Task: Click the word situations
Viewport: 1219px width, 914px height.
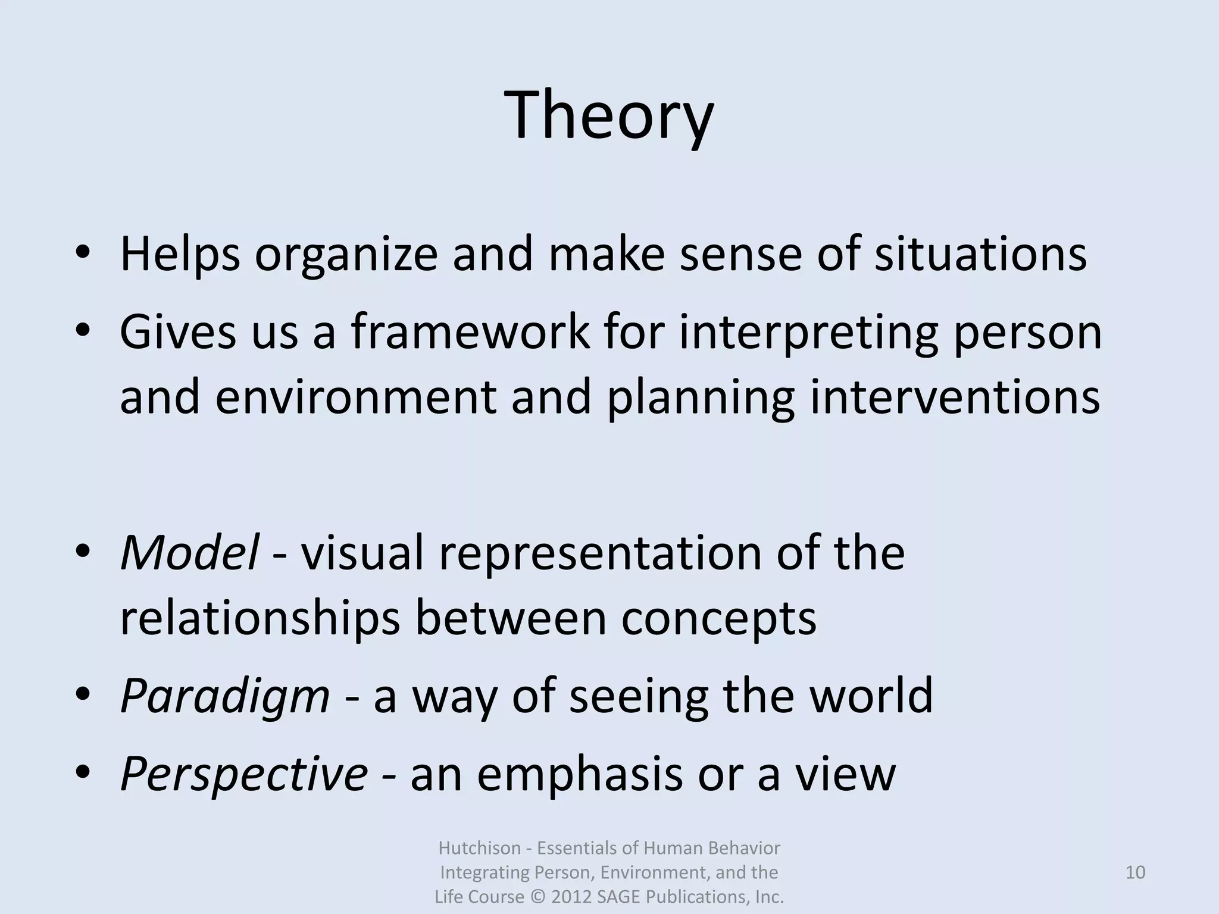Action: [980, 255]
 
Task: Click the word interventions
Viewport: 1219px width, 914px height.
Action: [955, 397]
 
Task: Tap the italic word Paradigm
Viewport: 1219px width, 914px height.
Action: [224, 697]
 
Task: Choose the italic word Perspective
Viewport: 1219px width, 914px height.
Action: [243, 775]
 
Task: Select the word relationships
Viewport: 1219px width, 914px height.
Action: [260, 619]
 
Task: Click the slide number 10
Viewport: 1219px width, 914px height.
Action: [1135, 872]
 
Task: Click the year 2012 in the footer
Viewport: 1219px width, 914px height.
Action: [571, 897]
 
